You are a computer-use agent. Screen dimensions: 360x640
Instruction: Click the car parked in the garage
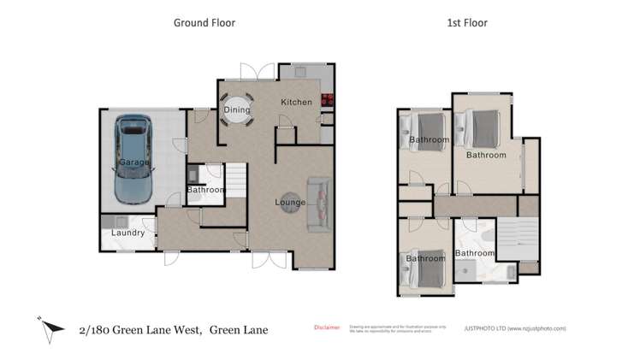[x=133, y=160]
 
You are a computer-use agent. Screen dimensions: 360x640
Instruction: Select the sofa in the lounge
[x=317, y=204]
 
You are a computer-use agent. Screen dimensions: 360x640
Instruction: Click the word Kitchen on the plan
[x=297, y=103]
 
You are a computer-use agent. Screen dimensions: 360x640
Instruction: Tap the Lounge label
[x=291, y=202]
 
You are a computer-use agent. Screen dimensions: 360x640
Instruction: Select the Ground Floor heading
[x=204, y=23]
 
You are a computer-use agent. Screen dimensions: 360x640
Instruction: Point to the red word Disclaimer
[x=327, y=327]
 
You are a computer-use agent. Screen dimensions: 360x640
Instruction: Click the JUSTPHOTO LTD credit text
[x=514, y=328]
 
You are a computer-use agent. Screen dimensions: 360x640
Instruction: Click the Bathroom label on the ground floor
[x=205, y=190]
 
